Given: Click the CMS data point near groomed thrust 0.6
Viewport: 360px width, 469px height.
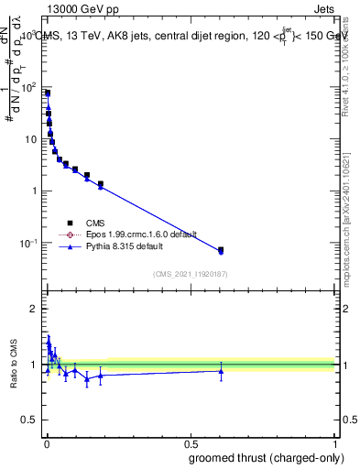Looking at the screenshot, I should coord(221,249).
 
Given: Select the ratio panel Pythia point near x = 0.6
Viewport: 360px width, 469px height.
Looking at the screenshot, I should coord(221,371).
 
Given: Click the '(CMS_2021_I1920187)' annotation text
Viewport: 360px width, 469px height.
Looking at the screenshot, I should coord(190,273).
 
